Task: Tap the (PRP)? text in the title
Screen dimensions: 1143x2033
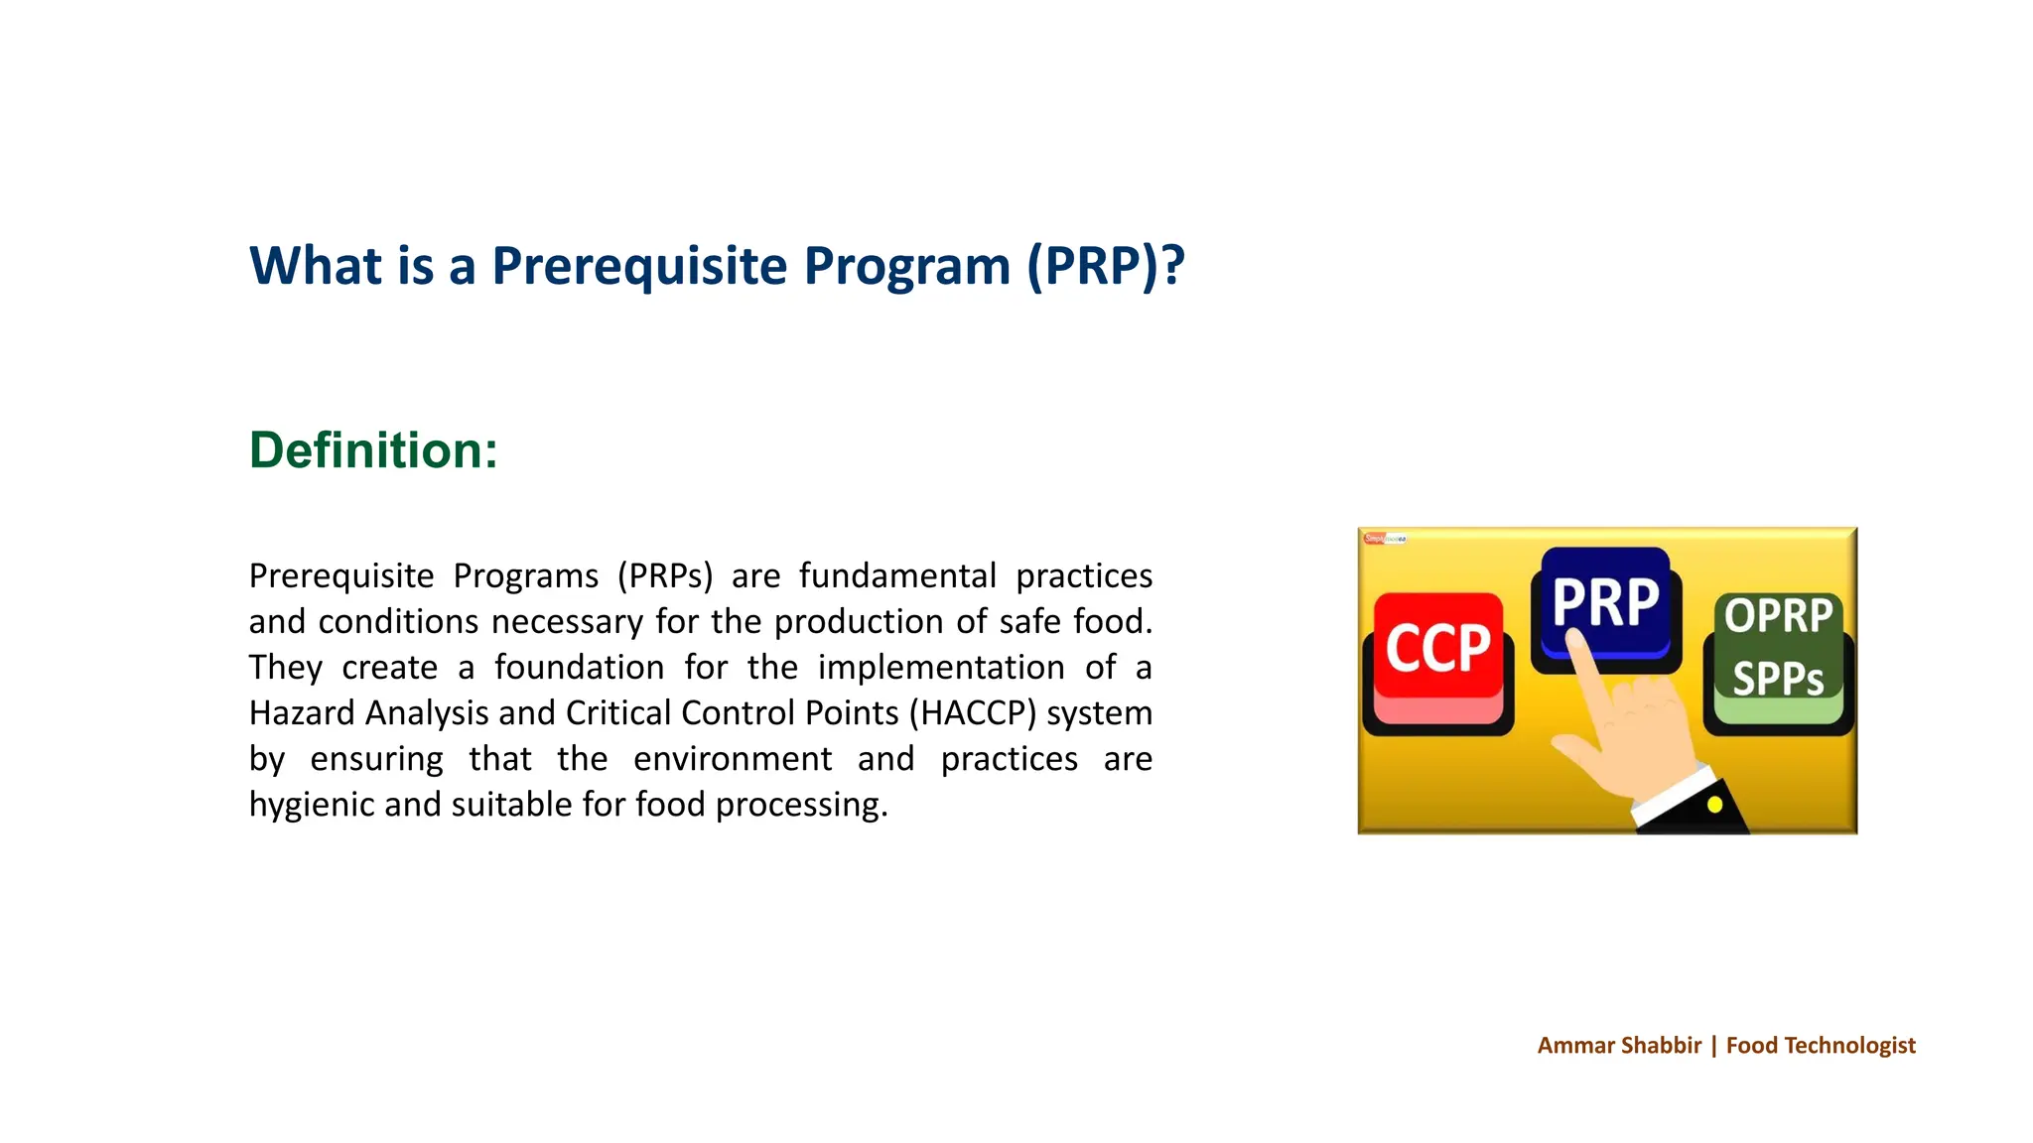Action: coord(1106,266)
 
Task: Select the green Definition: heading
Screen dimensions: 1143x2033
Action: coord(373,450)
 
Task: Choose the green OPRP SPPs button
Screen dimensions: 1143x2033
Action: coord(1778,649)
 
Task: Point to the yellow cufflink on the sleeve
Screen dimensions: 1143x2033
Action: coord(1714,806)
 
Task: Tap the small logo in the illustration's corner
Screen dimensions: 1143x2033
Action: coord(1385,539)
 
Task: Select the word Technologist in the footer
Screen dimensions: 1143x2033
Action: coord(1849,1045)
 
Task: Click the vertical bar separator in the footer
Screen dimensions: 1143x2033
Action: coord(1713,1045)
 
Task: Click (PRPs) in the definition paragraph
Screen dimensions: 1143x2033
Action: coord(664,576)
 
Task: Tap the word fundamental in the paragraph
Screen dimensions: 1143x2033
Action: coord(896,576)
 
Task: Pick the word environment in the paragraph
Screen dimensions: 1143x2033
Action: coord(732,759)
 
